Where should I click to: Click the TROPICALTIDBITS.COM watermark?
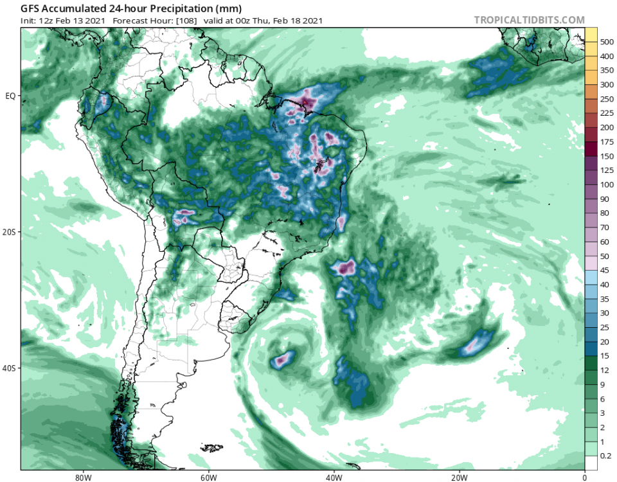(529, 20)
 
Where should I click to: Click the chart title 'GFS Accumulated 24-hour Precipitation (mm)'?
(121, 9)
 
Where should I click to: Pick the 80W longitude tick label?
(81, 477)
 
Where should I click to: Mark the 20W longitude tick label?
(458, 477)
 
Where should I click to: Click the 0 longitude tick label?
(584, 477)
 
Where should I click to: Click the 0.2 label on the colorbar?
(606, 456)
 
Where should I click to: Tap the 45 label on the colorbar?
(605, 270)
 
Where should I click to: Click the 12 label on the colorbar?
(605, 370)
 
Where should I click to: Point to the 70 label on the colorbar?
(605, 228)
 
